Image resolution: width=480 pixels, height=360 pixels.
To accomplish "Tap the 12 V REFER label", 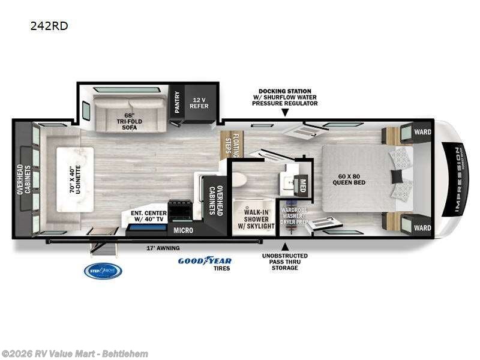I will [x=199, y=103].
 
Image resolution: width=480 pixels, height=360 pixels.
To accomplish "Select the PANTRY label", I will [x=177, y=103].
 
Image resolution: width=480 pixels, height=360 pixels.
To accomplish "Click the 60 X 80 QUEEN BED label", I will [x=351, y=179].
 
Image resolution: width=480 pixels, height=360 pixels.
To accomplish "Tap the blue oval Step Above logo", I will [x=103, y=271].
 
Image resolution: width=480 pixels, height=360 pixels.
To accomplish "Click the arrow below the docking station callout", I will [x=284, y=113].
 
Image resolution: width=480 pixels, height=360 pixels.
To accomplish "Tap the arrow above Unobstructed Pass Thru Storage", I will [x=284, y=245].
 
